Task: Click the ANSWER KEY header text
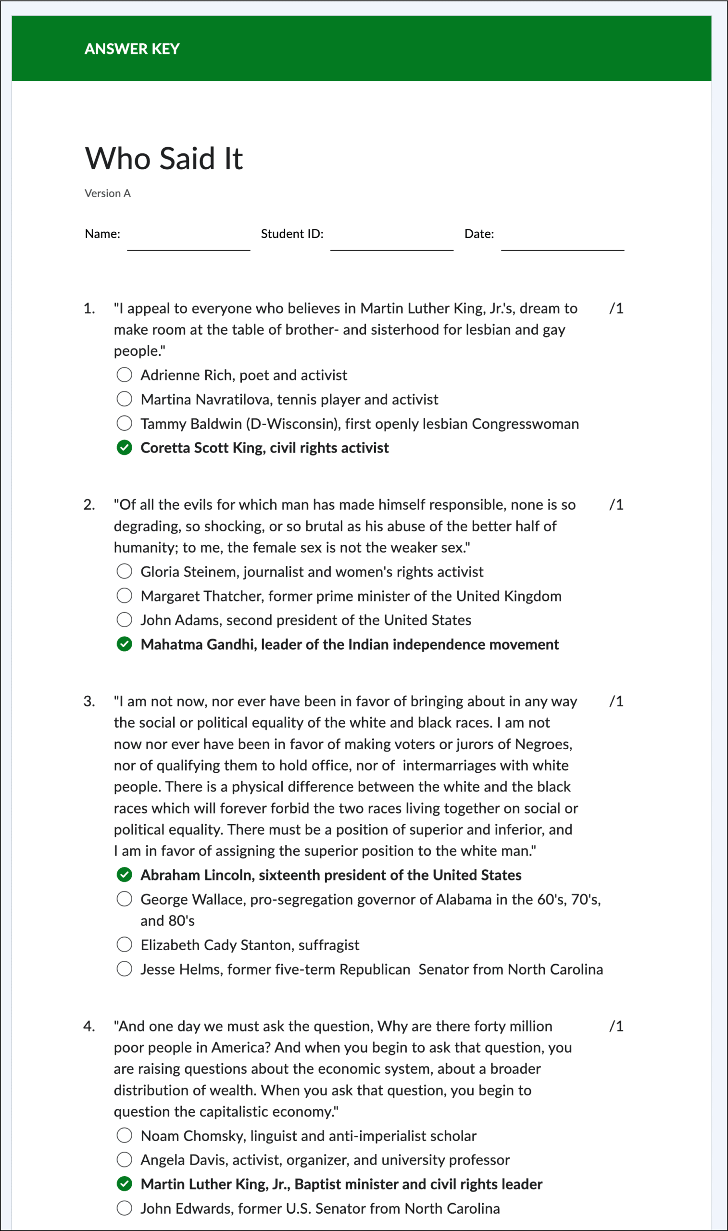(132, 49)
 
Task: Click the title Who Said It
(164, 158)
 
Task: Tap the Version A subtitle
(107, 193)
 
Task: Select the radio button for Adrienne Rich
(125, 375)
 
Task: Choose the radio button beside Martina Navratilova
(125, 399)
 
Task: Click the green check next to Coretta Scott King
(125, 447)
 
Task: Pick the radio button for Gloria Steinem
(125, 571)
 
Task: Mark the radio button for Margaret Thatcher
(125, 595)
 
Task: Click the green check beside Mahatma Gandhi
(125, 644)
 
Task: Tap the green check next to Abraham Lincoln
(125, 875)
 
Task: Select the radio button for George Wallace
(125, 899)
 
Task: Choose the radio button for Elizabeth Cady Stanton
(125, 944)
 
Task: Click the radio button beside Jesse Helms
(125, 968)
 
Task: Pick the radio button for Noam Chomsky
(125, 1135)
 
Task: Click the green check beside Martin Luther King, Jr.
(125, 1184)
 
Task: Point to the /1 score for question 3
(616, 701)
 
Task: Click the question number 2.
(89, 504)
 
